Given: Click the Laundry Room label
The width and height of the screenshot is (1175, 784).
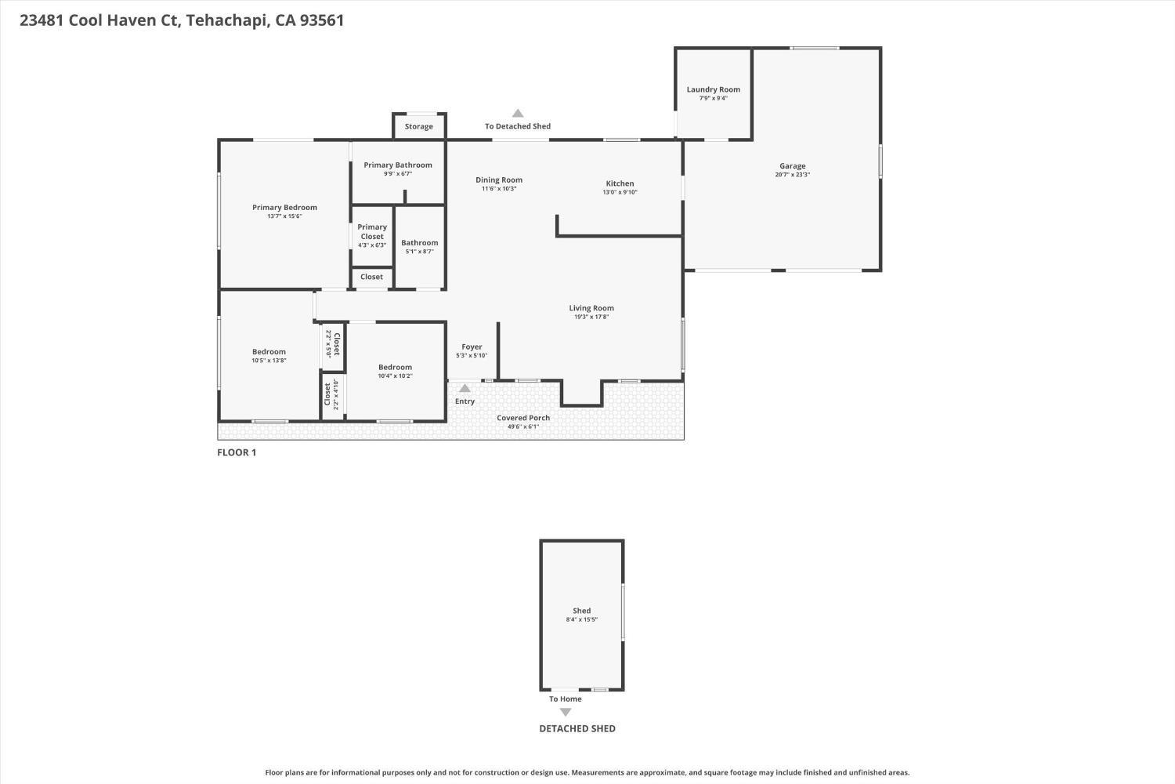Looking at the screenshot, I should click(713, 89).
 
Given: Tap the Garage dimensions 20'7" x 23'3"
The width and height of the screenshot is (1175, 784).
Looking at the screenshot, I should click(792, 175).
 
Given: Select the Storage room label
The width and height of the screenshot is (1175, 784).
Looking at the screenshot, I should click(418, 126).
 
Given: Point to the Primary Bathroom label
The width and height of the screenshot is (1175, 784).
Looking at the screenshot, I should click(397, 165).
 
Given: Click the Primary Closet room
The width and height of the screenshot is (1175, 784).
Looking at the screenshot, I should click(372, 235).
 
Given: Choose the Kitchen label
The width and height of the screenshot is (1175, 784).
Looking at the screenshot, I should click(620, 183).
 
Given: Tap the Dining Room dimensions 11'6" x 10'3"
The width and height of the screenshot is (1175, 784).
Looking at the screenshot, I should click(498, 189).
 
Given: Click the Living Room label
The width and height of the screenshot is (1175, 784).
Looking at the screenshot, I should click(591, 308).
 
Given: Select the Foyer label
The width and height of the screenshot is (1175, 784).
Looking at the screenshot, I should click(472, 347).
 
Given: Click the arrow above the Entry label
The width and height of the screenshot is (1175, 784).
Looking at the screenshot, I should click(465, 388).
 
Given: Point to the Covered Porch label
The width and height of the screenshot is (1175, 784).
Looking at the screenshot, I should click(522, 418).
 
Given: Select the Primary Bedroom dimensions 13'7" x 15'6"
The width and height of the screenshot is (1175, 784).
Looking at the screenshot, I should click(284, 216).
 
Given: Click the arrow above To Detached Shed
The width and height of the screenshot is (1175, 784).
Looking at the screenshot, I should click(517, 114).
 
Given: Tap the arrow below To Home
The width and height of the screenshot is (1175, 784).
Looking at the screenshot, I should click(565, 712).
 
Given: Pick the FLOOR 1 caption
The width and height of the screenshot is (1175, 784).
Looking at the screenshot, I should click(237, 452).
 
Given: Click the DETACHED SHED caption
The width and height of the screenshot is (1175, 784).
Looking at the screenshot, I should click(577, 728).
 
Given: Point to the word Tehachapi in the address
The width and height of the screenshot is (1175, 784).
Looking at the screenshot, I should click(227, 20).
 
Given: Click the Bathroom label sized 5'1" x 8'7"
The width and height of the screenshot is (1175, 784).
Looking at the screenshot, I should click(419, 243).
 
